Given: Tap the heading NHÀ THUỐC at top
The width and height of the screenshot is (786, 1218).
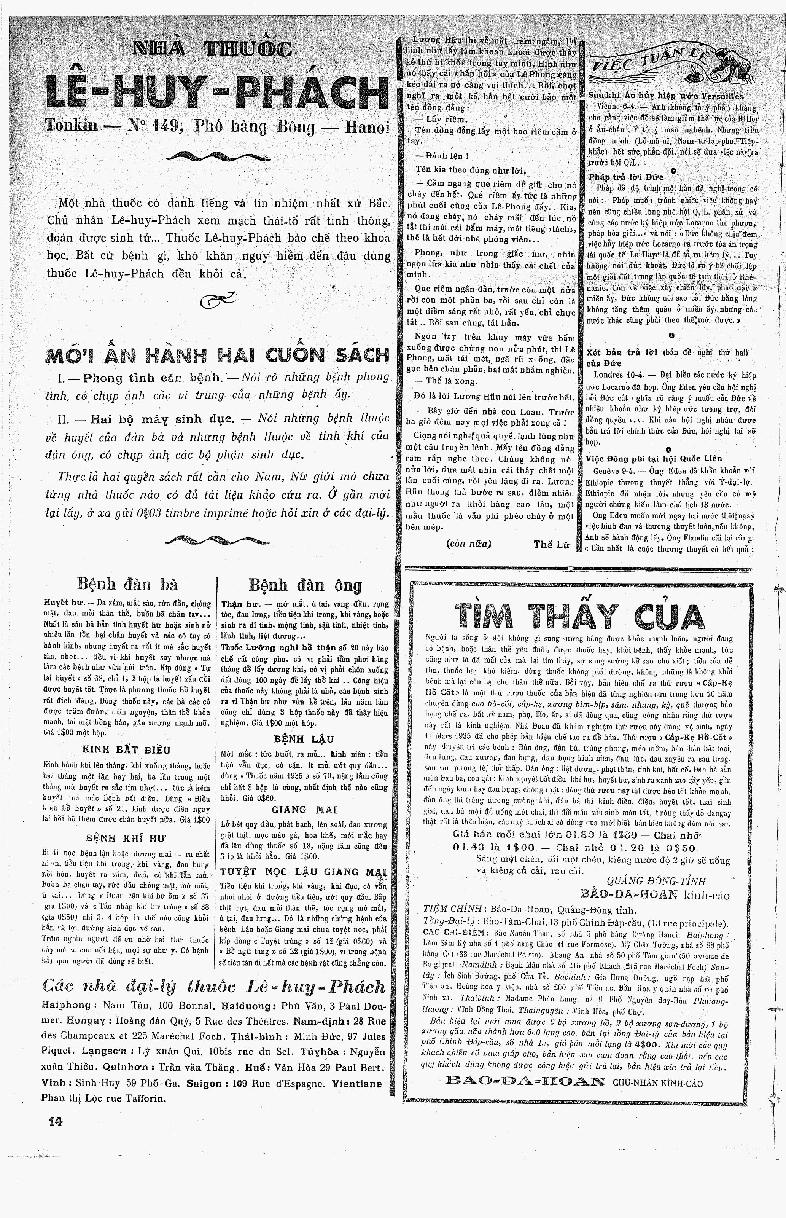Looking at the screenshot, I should click(212, 49).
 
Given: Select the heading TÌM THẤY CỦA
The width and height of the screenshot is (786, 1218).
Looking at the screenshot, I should click(579, 615).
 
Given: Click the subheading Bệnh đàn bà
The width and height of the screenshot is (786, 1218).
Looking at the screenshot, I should click(127, 584).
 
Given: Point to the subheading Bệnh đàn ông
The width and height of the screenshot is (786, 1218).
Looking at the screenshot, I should click(305, 585).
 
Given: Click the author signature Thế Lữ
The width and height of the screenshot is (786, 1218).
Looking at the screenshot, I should click(551, 544).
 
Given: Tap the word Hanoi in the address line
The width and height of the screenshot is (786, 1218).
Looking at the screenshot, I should click(367, 126).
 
